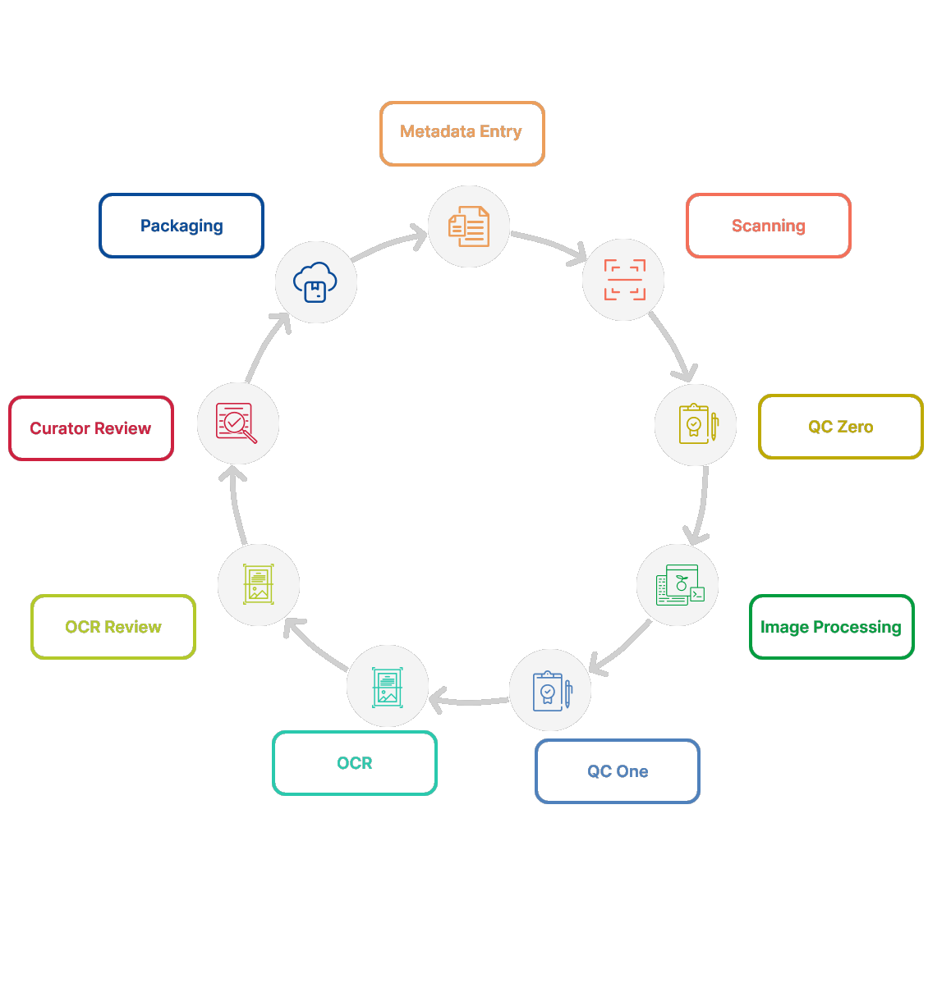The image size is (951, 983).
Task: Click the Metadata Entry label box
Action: tap(462, 133)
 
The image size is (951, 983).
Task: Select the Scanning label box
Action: tap(768, 226)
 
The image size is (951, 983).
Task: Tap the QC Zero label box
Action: tap(840, 427)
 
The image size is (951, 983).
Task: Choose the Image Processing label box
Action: tap(831, 627)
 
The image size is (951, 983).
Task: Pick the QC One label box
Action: tap(617, 771)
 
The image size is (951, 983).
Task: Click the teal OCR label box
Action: tap(354, 763)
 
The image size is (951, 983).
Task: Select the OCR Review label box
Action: tap(113, 627)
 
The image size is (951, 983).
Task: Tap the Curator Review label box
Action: tap(90, 428)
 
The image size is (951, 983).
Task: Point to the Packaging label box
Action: tap(181, 226)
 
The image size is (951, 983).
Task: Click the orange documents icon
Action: tap(469, 226)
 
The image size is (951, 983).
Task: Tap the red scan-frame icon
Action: tap(624, 280)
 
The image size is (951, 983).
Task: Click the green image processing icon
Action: tap(678, 585)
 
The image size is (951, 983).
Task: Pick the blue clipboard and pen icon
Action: tap(550, 690)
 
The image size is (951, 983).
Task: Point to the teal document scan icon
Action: tap(388, 686)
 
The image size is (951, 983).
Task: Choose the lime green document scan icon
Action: tap(259, 584)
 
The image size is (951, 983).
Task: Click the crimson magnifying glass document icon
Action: tap(237, 423)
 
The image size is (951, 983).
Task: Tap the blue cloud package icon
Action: tap(315, 282)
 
